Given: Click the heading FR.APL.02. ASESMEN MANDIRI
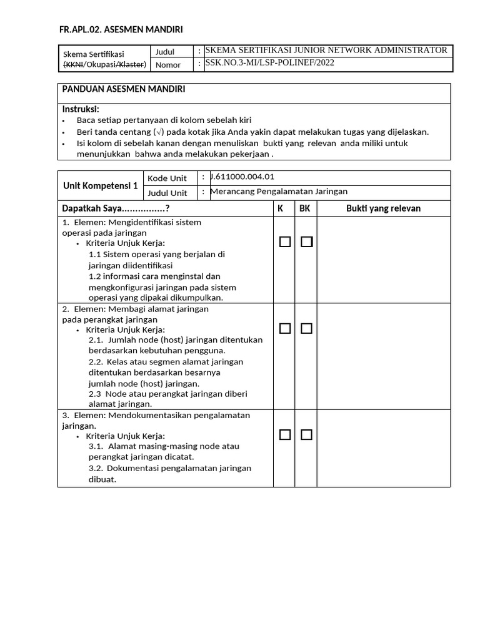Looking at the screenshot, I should tap(121, 29).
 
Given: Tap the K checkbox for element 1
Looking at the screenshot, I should tap(285, 242).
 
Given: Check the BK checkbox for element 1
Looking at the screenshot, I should tap(306, 242).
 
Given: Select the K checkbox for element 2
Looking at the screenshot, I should tap(285, 329).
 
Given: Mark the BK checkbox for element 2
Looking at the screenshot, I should tap(306, 329).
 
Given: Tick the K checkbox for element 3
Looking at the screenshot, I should tap(285, 435).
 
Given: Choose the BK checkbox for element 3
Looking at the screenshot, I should tap(306, 435).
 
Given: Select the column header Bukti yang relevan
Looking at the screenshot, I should tap(383, 208).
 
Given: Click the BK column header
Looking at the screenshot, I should tap(305, 208).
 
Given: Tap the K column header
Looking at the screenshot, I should tap(280, 208).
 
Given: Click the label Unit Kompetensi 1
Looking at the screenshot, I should tap(101, 185).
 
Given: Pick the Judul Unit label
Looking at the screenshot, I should tap(167, 193).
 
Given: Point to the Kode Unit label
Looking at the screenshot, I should tap(167, 178).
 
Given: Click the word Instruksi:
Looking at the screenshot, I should tap(81, 109).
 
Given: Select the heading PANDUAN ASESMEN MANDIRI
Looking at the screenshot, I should tap(123, 89).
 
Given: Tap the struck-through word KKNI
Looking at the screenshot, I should tap(73, 64).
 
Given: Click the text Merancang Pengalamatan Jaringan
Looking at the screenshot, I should tap(279, 192).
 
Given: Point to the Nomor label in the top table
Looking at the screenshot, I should tap(168, 65).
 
